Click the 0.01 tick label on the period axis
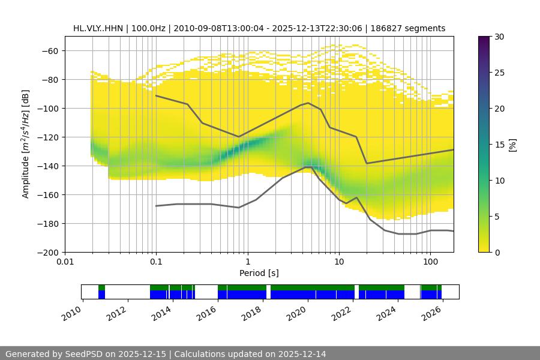[x=65, y=262]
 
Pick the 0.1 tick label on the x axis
[x=156, y=262]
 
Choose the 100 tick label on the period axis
[x=430, y=262]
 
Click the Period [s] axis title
[x=259, y=273]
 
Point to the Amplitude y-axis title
[x=26, y=144]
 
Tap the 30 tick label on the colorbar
[x=498, y=37]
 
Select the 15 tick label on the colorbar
[x=498, y=145]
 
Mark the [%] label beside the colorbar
[x=512, y=145]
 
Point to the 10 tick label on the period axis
[x=339, y=262]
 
